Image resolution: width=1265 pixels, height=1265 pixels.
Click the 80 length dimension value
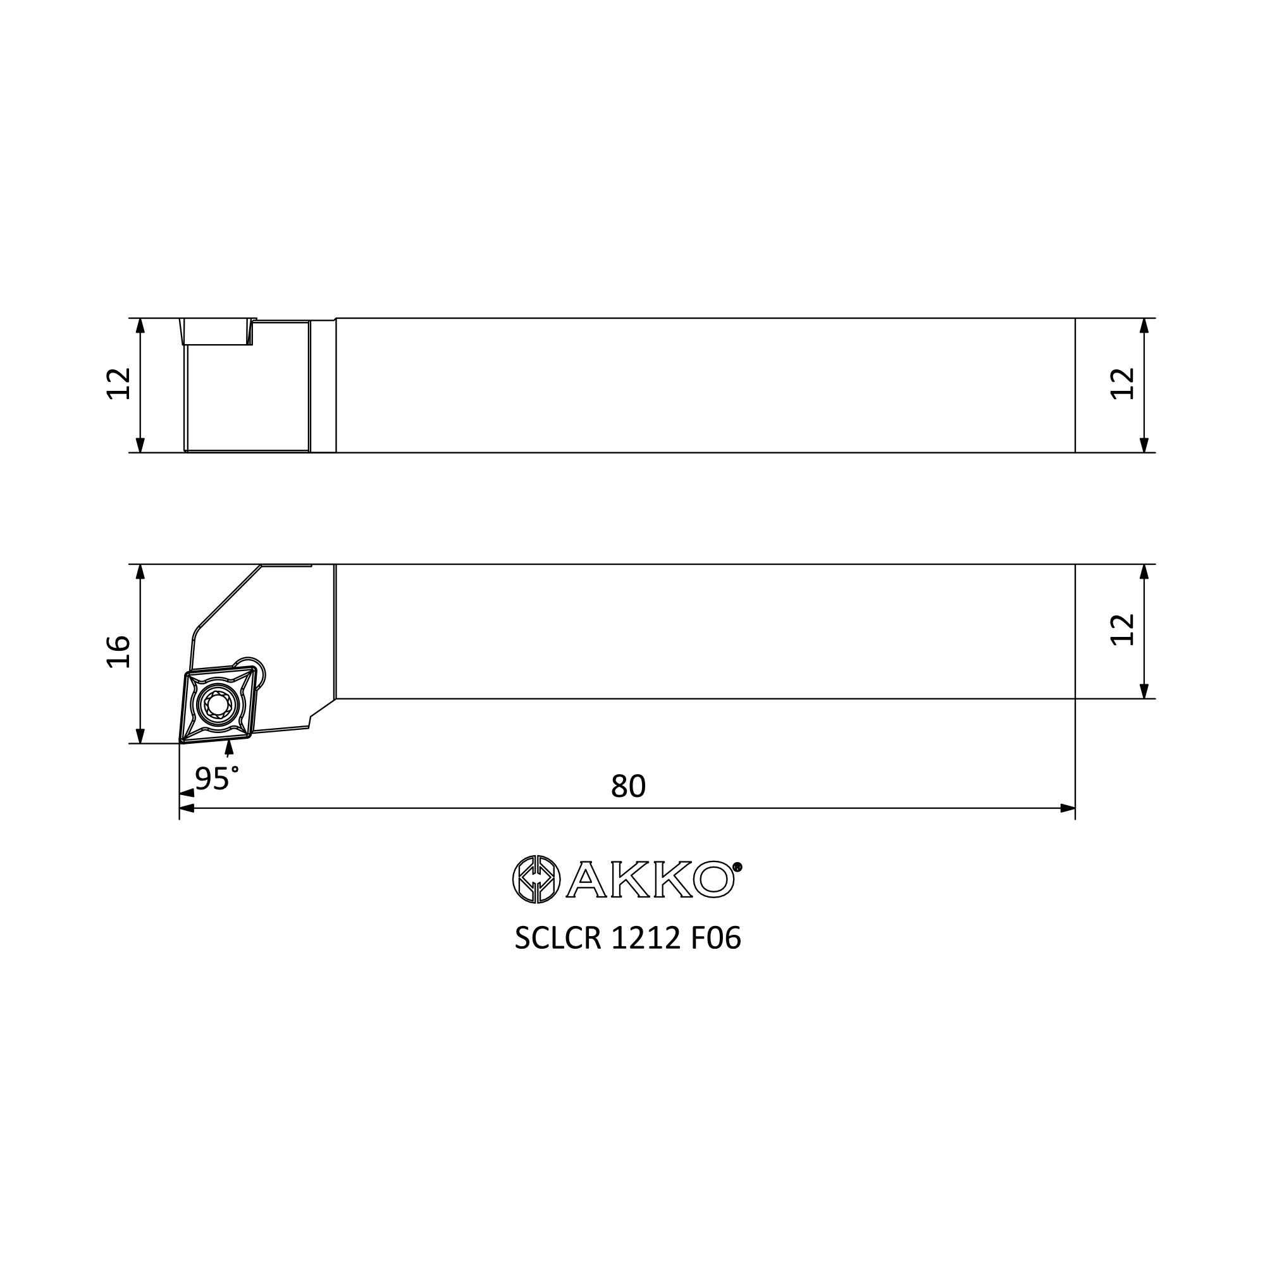point(628,786)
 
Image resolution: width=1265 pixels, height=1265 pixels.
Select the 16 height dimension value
point(118,651)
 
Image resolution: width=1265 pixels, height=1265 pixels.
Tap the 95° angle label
point(217,779)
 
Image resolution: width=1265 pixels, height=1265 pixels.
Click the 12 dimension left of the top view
point(118,384)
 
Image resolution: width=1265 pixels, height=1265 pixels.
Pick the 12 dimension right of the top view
point(1123,384)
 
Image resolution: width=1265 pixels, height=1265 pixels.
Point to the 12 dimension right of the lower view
point(1123,630)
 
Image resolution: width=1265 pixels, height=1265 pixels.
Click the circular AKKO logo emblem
point(536,879)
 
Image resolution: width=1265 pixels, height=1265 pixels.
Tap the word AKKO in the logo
point(649,879)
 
